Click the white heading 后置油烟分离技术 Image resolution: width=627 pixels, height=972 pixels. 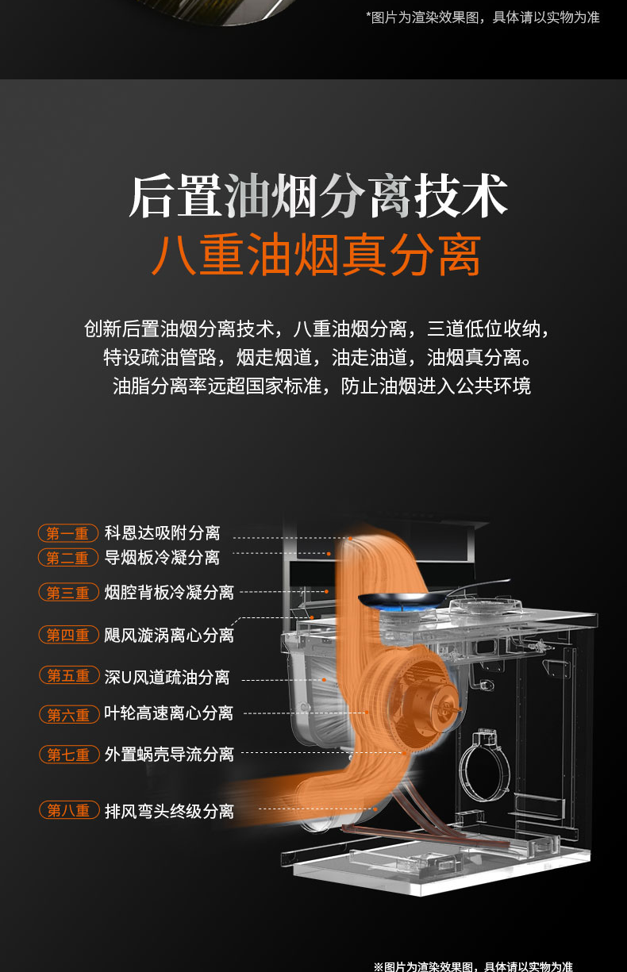point(318,196)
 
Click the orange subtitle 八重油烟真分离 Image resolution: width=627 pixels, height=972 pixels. point(317,255)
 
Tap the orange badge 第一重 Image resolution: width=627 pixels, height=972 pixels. point(68,533)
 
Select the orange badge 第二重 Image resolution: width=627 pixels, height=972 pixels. point(68,558)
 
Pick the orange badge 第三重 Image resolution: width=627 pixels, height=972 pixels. point(68,592)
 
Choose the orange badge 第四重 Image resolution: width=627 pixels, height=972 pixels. point(68,635)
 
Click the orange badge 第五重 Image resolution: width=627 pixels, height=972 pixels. point(69,675)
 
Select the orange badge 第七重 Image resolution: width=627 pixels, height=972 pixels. point(69,755)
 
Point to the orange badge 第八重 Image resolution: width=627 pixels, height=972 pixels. point(69,810)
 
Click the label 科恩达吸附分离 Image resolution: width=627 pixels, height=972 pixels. point(162,533)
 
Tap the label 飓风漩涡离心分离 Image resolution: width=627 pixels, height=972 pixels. point(169,636)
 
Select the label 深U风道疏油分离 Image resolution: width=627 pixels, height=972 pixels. point(167,677)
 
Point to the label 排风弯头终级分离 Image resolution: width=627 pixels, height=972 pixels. point(169,811)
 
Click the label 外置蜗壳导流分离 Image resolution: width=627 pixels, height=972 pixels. point(169,755)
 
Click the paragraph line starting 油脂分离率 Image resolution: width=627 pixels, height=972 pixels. point(321,386)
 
